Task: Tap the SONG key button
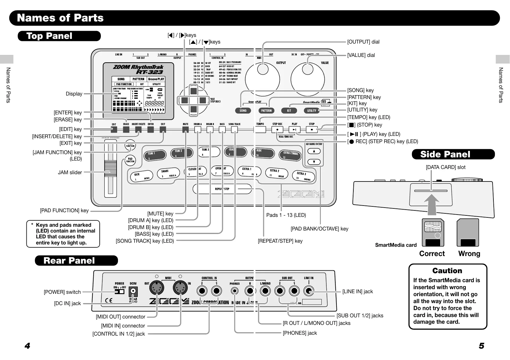tap(243, 111)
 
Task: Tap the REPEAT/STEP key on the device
tap(222, 189)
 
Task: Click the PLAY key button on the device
tap(294, 130)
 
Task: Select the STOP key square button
tap(312, 130)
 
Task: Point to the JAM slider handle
tap(110, 168)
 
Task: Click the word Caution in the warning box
tap(447, 271)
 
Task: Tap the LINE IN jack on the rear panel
tap(309, 291)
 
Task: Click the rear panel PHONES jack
tap(235, 291)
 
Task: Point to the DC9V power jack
tap(133, 291)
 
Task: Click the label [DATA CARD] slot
tap(445, 167)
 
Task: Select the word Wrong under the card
tap(469, 254)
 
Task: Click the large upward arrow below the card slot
tap(432, 204)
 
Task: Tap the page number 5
tap(482, 346)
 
